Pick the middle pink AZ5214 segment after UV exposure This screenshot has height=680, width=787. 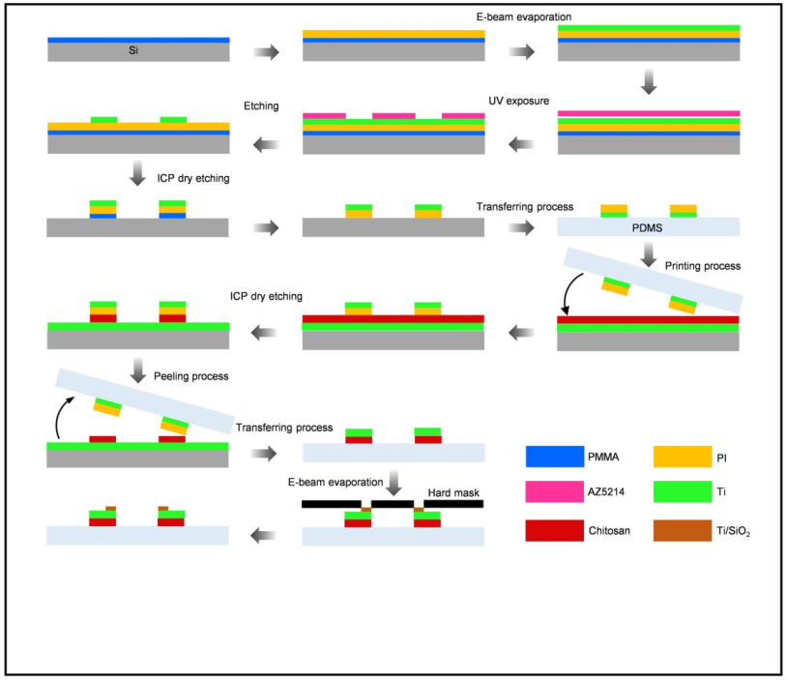click(393, 115)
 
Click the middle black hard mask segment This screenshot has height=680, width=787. click(393, 504)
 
